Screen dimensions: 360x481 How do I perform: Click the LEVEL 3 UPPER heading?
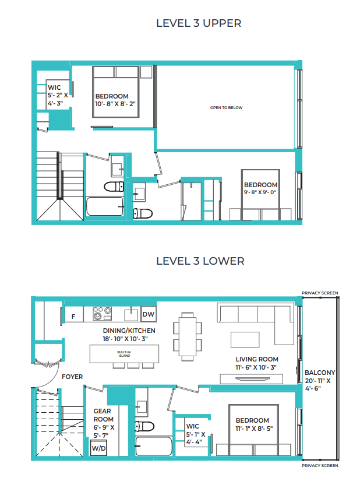click(x=199, y=23)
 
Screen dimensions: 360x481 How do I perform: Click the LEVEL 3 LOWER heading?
click(x=200, y=261)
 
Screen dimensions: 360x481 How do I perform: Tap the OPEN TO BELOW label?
click(x=226, y=108)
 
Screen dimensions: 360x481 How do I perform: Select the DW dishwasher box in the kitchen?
click(x=149, y=314)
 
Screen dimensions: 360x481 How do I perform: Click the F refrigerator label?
click(x=73, y=317)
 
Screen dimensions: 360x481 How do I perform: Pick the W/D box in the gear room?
click(x=98, y=448)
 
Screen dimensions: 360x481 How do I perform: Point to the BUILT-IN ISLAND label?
click(x=124, y=354)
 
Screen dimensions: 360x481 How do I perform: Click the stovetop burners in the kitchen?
click(x=102, y=314)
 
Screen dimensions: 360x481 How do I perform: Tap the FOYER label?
click(x=72, y=377)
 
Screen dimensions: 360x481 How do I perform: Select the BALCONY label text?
click(x=320, y=373)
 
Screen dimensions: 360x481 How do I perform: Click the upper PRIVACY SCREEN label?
click(x=320, y=293)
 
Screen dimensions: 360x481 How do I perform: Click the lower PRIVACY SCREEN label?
click(x=320, y=466)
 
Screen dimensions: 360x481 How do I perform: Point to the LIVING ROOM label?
click(x=257, y=359)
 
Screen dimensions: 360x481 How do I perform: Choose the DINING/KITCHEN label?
click(x=129, y=331)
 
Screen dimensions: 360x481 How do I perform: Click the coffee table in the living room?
click(x=245, y=339)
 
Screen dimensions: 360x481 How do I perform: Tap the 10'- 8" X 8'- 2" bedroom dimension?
click(x=115, y=104)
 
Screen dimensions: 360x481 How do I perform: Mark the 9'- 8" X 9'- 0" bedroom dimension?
click(x=260, y=192)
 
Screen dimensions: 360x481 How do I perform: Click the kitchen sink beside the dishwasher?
click(x=131, y=314)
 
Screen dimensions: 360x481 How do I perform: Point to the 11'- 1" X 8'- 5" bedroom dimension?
click(x=254, y=429)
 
